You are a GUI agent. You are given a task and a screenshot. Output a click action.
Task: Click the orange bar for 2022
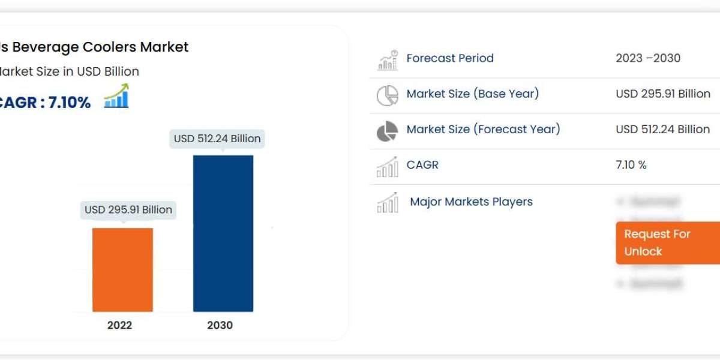[122, 269]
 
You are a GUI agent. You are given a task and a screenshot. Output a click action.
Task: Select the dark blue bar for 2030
[223, 233]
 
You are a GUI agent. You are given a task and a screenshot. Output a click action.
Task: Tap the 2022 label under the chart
[120, 325]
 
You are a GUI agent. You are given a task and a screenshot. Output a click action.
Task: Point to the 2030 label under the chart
[220, 325]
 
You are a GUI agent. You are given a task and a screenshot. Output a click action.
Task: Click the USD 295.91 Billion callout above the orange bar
[128, 210]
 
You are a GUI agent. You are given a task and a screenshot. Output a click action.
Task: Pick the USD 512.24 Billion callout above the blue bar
[217, 139]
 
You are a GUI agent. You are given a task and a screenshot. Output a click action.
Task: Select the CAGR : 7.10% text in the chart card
[44, 103]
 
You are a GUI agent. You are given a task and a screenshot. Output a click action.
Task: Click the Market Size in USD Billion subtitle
[70, 71]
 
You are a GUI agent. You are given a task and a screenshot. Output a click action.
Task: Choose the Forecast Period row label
[450, 58]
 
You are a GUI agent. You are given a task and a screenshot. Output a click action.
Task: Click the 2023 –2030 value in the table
[648, 58]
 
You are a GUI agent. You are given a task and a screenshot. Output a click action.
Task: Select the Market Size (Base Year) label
[473, 94]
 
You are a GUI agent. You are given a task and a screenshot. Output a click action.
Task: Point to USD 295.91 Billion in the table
[663, 94]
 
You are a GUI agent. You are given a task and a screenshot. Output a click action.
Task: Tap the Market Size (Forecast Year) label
[483, 129]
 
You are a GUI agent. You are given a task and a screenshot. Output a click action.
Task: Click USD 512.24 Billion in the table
[663, 129]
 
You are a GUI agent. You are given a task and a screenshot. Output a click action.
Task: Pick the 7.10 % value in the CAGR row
[631, 165]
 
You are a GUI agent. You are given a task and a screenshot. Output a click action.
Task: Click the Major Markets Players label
[471, 202]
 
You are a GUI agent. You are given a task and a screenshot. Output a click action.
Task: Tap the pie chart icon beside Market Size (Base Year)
[388, 95]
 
